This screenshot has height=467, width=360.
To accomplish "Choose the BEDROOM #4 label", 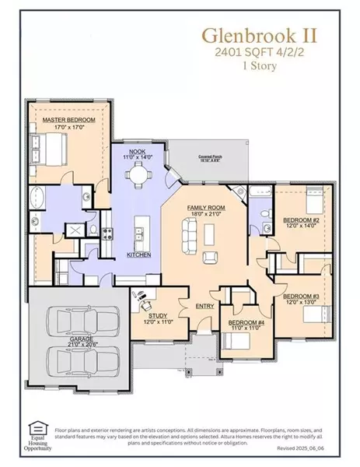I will click(239, 323).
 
